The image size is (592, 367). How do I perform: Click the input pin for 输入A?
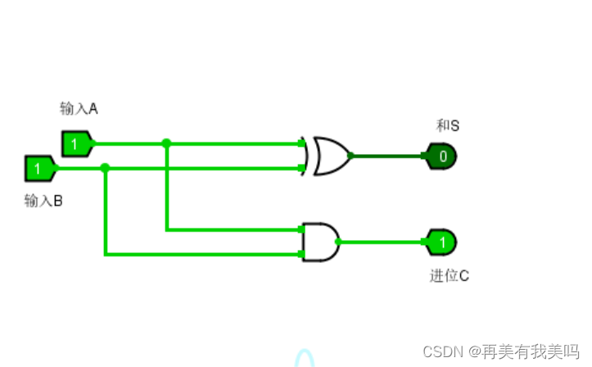click(76, 143)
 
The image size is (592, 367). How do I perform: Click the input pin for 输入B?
click(39, 169)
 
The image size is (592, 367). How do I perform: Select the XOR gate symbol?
click(327, 155)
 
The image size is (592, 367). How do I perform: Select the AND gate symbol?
click(320, 242)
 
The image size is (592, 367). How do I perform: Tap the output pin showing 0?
click(441, 155)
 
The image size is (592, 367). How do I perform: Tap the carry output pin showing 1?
click(441, 242)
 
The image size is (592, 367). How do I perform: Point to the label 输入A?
click(79, 108)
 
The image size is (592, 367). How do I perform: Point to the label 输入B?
click(43, 200)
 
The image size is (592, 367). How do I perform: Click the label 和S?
click(447, 125)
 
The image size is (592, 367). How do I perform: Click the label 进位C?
click(449, 275)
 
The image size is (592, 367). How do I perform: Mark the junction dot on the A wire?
click(166, 143)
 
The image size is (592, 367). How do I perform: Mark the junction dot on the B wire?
click(105, 168)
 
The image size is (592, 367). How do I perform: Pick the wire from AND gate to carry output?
click(381, 242)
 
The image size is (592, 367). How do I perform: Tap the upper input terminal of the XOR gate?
click(302, 143)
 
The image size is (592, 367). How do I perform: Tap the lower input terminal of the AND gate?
click(302, 254)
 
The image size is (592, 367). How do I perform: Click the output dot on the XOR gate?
click(351, 155)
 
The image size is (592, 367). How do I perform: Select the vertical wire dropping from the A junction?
click(166, 188)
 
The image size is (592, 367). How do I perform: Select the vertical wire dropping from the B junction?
click(105, 213)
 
